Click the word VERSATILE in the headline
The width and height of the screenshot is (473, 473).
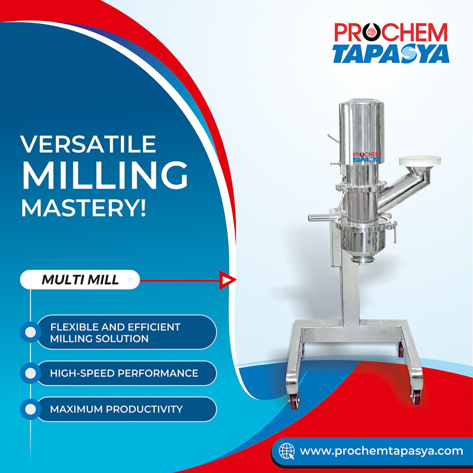[x=88, y=144]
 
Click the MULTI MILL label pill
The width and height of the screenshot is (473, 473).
[x=80, y=280]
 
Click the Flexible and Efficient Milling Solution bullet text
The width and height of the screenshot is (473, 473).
[x=115, y=333]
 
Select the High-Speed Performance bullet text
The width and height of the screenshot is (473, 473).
[x=124, y=373]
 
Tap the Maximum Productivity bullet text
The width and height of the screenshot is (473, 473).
[x=116, y=409]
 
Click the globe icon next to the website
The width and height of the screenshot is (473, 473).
[x=287, y=451]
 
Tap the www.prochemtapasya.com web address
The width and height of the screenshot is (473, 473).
[x=381, y=451]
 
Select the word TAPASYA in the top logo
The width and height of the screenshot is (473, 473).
[x=391, y=54]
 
